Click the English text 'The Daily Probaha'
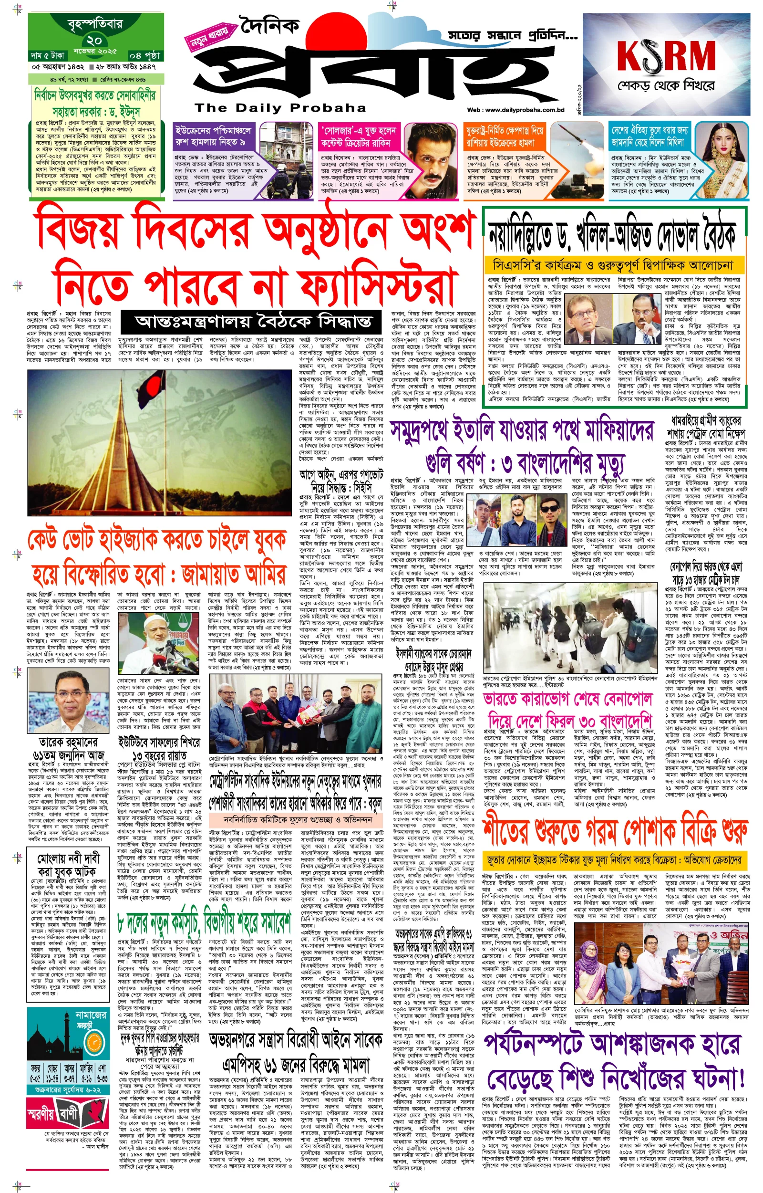pyautogui.click(x=280, y=108)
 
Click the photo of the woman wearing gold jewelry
pyautogui.click(x=727, y=159)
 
